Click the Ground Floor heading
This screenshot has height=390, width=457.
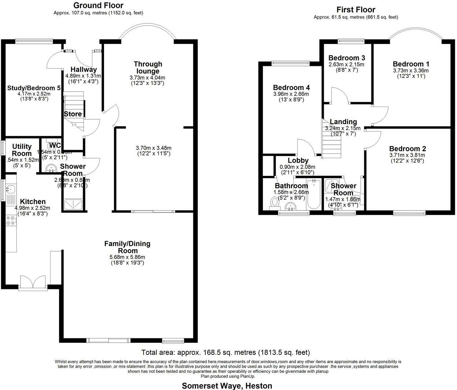[x=98, y=5]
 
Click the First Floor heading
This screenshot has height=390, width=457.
[x=356, y=10]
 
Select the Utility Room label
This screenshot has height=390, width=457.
[x=22, y=150]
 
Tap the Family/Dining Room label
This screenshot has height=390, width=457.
[x=127, y=247]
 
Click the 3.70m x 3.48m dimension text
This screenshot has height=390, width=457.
[x=153, y=148]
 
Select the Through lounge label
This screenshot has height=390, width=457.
[x=148, y=67]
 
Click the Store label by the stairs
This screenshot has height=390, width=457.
[x=73, y=114]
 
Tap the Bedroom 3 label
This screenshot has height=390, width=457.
[x=346, y=58]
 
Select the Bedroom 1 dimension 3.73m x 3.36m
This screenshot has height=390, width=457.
[x=410, y=71]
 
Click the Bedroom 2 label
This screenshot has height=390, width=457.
[x=407, y=149]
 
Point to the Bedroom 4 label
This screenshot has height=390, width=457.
[x=291, y=88]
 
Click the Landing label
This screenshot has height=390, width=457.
[x=343, y=122]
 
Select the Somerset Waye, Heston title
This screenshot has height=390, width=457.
[x=227, y=386]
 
